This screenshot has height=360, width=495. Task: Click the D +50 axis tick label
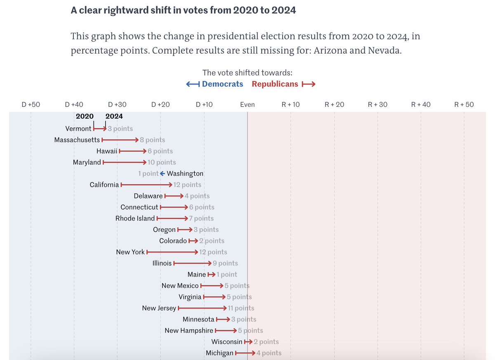[x=31, y=104]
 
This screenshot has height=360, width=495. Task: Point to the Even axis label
[x=247, y=104]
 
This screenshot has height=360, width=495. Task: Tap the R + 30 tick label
[x=377, y=104]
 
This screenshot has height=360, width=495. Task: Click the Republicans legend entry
[x=275, y=84]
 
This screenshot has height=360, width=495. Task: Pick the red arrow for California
[x=146, y=185]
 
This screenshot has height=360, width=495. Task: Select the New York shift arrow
[x=172, y=252]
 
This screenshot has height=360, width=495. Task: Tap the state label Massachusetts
[x=77, y=140]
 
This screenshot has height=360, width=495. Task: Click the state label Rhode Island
[x=135, y=219]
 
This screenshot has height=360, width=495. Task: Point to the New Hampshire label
[x=189, y=331]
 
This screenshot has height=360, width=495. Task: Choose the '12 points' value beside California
[x=187, y=185]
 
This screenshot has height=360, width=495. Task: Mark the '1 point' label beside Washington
[x=148, y=174]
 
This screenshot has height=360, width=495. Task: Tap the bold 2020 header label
[x=85, y=116]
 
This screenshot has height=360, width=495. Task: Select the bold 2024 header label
[x=114, y=116]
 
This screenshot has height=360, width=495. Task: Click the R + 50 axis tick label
[x=464, y=104]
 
